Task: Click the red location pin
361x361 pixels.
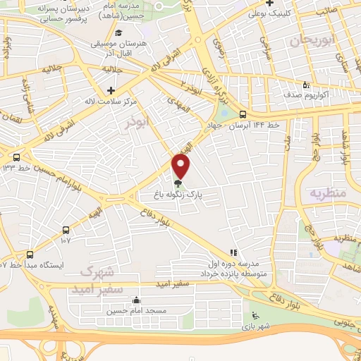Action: [181, 166]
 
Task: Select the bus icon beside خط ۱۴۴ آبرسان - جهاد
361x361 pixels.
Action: [242, 114]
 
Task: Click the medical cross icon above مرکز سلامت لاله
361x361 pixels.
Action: [111, 91]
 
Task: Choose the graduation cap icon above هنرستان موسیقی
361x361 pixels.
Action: [120, 32]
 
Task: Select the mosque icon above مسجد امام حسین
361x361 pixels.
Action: [135, 301]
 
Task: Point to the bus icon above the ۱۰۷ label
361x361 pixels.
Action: [66, 229]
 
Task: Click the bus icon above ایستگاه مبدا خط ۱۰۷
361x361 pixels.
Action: [30, 254]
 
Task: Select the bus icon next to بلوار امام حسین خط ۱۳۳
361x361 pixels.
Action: [16, 157]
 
